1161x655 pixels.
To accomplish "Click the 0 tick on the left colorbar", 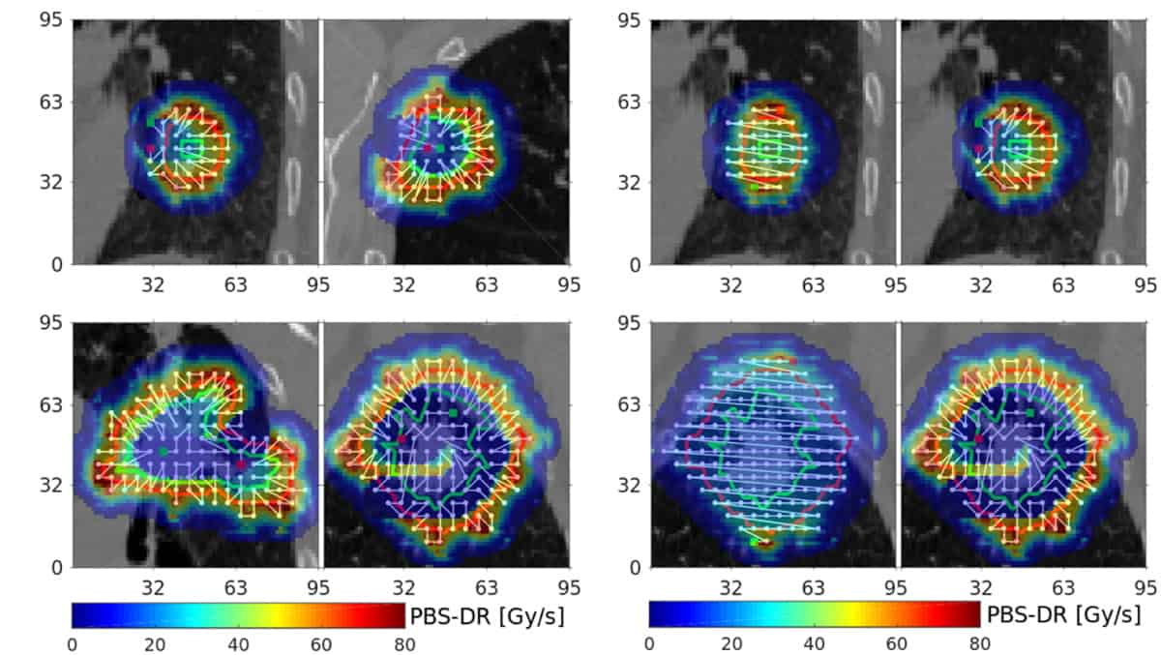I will [73, 643].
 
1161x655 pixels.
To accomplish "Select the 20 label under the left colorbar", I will [156, 643].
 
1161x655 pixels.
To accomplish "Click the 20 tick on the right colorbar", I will [732, 643].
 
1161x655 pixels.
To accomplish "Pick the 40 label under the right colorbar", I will [815, 643].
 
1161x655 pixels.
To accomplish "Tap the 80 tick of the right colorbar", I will [979, 643].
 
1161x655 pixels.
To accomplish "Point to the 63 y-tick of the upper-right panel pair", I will [633, 102].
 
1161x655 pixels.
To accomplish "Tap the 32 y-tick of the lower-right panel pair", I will [633, 486].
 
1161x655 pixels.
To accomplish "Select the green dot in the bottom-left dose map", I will [163, 452].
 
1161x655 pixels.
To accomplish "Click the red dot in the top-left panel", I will [151, 148].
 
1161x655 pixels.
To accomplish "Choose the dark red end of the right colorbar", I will [974, 615].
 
